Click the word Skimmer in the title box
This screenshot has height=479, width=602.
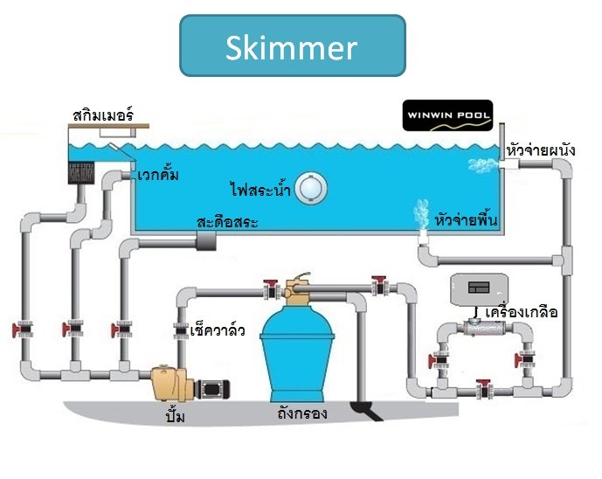coord(291,47)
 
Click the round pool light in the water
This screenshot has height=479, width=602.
coord(309,189)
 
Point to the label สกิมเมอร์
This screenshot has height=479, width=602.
coord(101,115)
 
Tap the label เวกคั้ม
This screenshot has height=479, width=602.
coord(158,176)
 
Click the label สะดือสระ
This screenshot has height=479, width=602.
coord(227,222)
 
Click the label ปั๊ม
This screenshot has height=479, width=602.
coord(175,418)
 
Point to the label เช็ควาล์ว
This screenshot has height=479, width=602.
coord(217,331)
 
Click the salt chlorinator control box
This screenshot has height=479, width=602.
coord(478,289)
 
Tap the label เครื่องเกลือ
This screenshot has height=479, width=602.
coord(522,312)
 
